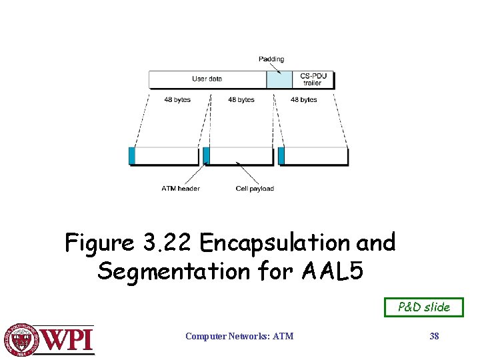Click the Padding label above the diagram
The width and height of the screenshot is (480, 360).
[x=271, y=59]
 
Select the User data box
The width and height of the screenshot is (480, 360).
[x=207, y=79]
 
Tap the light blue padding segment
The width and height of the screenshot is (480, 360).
[x=279, y=80]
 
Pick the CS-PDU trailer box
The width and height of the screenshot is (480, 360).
[x=312, y=80]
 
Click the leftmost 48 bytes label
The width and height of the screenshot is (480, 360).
[x=177, y=100]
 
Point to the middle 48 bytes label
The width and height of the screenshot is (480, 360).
[x=241, y=100]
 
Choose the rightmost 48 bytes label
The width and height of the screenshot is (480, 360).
[x=304, y=100]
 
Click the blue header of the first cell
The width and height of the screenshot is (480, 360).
[x=132, y=155]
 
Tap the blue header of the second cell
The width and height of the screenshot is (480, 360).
[x=207, y=155]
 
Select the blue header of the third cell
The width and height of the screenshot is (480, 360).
[x=281, y=155]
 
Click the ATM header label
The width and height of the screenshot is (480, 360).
[x=181, y=189]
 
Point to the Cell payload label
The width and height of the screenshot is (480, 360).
[x=255, y=189]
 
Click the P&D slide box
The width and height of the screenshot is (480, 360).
[x=424, y=307]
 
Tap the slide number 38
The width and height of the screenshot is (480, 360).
[x=434, y=337]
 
